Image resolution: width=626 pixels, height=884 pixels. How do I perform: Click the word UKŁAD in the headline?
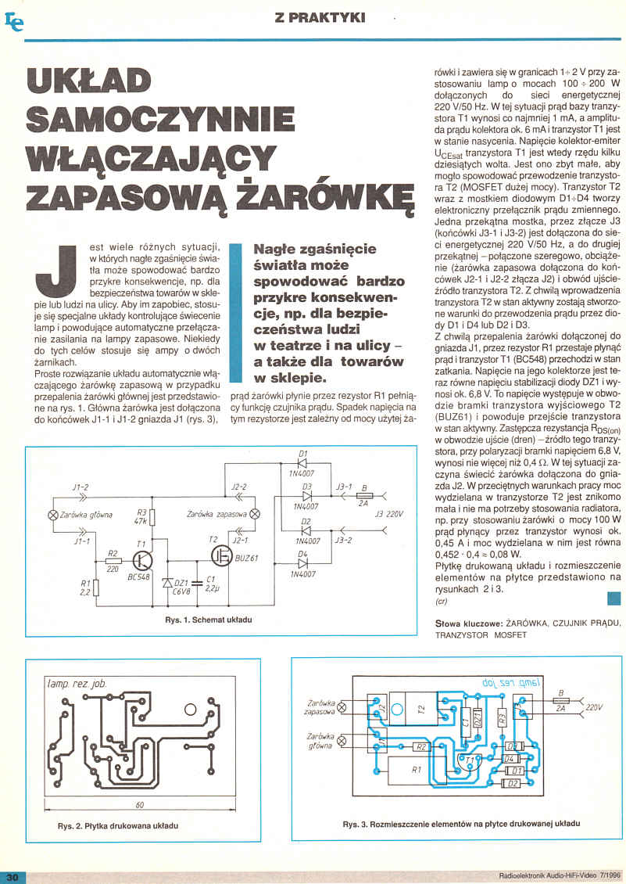(89, 81)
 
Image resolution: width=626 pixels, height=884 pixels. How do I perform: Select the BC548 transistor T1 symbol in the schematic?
(141, 561)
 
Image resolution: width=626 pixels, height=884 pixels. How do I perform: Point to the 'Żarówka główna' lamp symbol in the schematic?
(54, 515)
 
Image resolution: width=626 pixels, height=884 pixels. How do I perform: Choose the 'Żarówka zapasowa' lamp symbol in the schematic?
(255, 514)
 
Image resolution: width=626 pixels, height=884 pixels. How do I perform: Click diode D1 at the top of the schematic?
(302, 463)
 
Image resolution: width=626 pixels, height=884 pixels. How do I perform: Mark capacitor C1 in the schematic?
(197, 583)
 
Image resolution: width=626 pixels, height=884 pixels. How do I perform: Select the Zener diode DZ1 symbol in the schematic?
(166, 583)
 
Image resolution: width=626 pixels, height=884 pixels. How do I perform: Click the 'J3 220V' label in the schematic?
(388, 514)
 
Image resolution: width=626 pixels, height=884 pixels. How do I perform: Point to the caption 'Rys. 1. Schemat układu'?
(209, 620)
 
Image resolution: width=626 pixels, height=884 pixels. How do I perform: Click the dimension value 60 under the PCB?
(140, 805)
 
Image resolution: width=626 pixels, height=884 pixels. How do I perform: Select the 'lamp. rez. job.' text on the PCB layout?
(77, 685)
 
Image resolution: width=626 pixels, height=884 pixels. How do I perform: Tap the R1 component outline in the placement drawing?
(416, 769)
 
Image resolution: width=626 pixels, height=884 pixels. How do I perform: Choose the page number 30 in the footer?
(13, 877)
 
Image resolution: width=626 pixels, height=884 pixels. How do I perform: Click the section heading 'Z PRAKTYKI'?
(320, 17)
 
